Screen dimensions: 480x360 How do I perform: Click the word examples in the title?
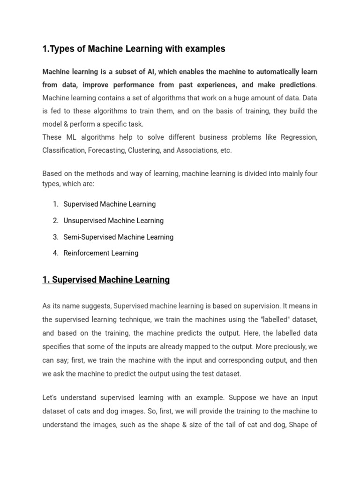point(204,49)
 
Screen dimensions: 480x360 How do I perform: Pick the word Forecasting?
point(119,150)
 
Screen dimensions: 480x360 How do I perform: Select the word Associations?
point(206,150)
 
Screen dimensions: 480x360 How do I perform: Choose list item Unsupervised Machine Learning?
point(113,220)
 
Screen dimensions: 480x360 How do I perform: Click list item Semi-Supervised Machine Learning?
point(118,237)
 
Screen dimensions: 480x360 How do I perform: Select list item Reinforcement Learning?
point(101,253)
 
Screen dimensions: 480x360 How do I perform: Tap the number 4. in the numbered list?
point(55,253)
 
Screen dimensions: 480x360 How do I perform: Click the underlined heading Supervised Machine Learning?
point(106,280)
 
